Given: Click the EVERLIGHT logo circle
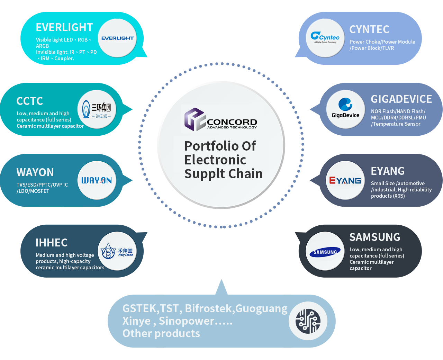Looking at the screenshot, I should coord(118,38).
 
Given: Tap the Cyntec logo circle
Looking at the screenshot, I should coord(325,38).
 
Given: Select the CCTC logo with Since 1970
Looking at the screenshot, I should coord(97,109).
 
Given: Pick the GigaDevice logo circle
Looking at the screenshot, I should coord(345,109).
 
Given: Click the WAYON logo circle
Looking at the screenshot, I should coord(97,180).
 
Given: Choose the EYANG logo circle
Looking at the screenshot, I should coord(345,180).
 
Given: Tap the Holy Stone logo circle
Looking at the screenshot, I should coord(117,251).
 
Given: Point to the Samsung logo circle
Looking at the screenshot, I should coord(325,251).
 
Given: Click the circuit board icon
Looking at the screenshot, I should coord(308,321).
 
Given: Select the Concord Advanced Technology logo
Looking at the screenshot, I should coord(221,119).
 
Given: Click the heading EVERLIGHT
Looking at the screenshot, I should coord(64,27).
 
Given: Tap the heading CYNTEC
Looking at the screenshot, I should coord(369,29).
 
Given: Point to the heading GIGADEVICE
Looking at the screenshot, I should coord(401,99).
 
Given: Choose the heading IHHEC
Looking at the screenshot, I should coord(52,243).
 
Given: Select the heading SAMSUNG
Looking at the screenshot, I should coord(375,237).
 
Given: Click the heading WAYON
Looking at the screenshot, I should coord(35,172).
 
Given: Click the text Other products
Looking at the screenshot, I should coord(161,333).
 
